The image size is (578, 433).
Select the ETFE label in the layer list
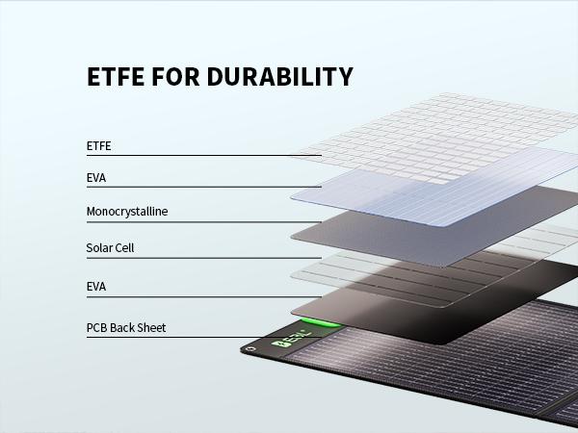tap(99, 146)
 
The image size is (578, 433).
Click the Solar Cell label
tap(110, 247)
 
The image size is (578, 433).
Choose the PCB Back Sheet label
tap(126, 327)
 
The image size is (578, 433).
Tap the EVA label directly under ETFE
tap(96, 178)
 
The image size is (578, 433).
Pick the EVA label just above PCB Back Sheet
tap(96, 287)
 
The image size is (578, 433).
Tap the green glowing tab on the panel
tap(315, 324)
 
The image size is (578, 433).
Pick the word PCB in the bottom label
tap(96, 327)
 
